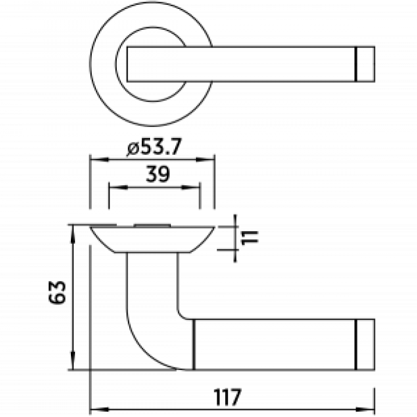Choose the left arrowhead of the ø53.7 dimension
click(x=95, y=160)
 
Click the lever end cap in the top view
click(x=365, y=63)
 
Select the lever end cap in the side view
click(x=365, y=344)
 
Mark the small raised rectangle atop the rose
click(x=153, y=225)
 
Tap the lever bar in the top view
click(x=250, y=63)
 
